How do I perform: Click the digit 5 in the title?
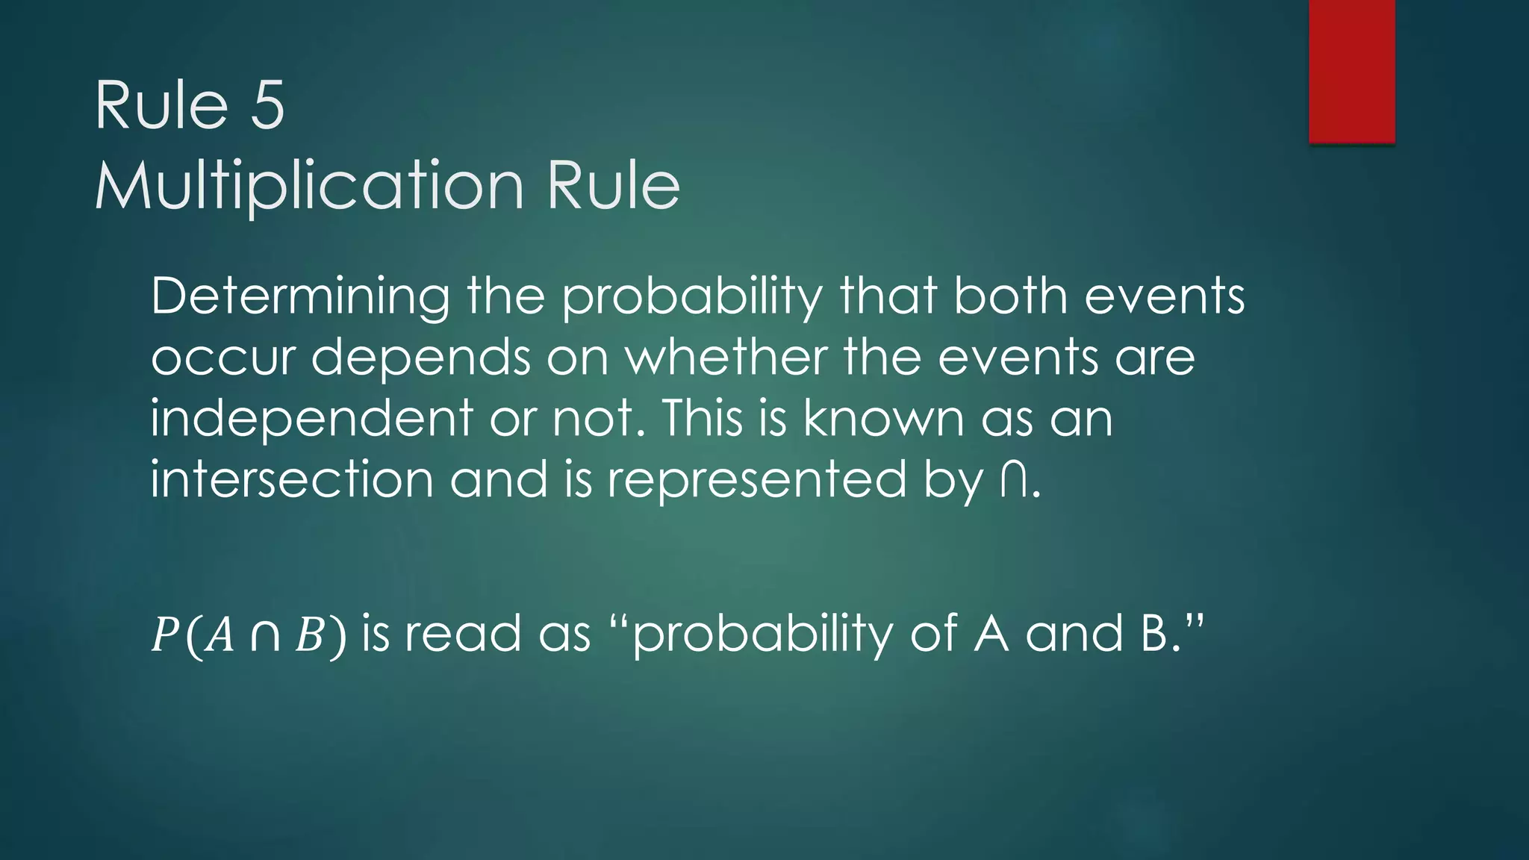point(267,106)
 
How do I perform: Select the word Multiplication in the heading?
point(309,186)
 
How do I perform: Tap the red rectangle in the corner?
point(1351,71)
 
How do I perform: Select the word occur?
point(223,358)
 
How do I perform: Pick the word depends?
point(420,358)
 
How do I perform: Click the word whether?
point(726,358)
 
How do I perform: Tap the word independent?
point(311,418)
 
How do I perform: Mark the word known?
point(883,418)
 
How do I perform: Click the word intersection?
point(292,479)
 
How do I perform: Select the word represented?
point(756,479)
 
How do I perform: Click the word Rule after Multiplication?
point(613,186)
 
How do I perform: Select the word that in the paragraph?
point(887,296)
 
